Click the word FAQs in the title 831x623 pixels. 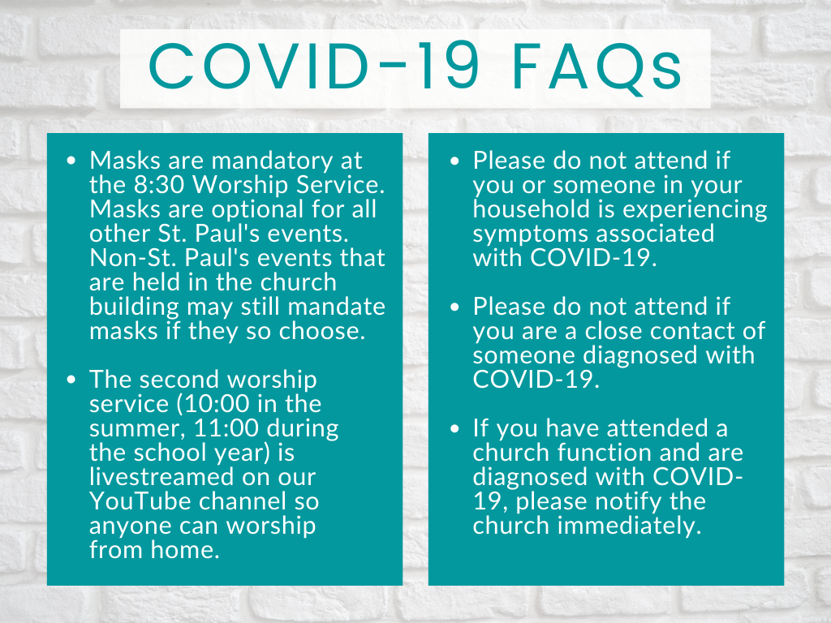coord(596,68)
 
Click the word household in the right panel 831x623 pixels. coord(531,209)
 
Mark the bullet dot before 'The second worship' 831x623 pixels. coord(71,380)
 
